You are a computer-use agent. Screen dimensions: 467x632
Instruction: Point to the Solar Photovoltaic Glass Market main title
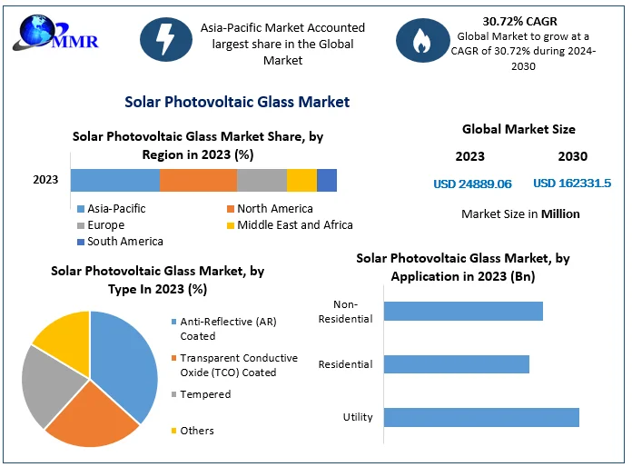click(237, 102)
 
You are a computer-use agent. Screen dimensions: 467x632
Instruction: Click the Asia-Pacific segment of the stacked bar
click(115, 180)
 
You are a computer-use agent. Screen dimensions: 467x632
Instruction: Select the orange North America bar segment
click(198, 180)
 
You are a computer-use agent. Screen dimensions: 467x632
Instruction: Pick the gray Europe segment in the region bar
click(262, 180)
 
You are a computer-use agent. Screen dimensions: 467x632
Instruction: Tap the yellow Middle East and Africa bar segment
click(301, 180)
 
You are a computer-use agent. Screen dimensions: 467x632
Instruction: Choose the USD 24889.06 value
click(472, 184)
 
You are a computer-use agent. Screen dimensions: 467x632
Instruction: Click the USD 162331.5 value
click(572, 184)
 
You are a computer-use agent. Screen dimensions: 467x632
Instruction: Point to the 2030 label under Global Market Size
click(572, 156)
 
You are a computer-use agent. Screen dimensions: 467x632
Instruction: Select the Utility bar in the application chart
click(481, 417)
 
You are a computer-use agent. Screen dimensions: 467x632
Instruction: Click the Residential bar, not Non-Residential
click(456, 364)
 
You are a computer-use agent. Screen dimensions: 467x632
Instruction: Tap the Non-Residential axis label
click(346, 312)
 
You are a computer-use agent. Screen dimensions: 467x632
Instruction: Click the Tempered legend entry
click(205, 394)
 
